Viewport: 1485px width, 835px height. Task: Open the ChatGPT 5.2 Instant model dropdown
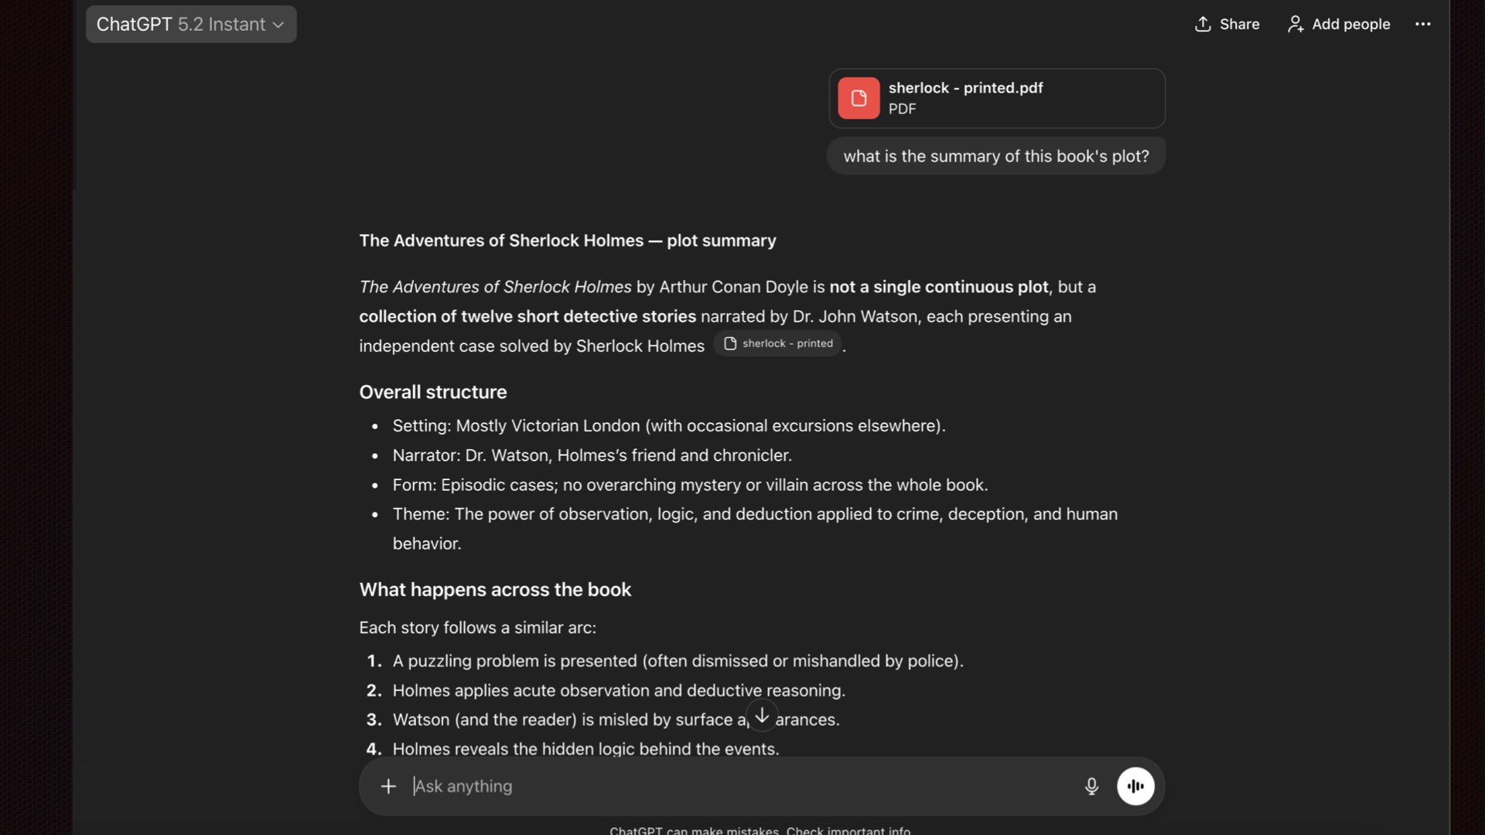(x=190, y=25)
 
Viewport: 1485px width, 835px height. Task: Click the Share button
(x=1227, y=25)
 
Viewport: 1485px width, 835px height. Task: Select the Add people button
(x=1338, y=25)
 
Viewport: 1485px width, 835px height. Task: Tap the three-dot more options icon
(x=1422, y=25)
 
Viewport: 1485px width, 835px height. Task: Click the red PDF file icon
(x=859, y=98)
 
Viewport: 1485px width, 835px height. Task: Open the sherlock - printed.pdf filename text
(x=965, y=88)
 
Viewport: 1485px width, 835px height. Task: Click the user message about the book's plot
(x=995, y=156)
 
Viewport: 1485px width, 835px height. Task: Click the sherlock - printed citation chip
(x=778, y=344)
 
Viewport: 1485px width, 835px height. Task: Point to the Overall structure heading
(x=432, y=392)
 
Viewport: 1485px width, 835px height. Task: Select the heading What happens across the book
(x=495, y=590)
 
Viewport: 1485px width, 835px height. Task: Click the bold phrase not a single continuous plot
(x=938, y=287)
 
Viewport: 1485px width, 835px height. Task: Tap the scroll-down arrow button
(x=762, y=716)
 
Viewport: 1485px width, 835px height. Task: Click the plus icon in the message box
(x=388, y=786)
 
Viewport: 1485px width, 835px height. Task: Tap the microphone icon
(x=1091, y=786)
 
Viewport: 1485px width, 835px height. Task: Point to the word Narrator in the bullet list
(x=425, y=455)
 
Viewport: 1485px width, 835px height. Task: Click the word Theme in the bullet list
(x=420, y=514)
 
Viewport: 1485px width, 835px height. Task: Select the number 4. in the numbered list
(x=374, y=749)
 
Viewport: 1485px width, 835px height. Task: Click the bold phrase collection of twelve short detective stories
(x=527, y=316)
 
